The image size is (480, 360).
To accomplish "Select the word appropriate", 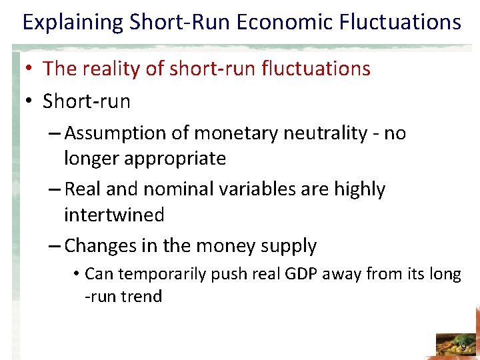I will (x=178, y=159).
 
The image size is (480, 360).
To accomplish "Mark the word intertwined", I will (x=113, y=215).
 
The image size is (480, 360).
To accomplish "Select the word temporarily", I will (x=166, y=274).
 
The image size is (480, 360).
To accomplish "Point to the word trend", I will (x=142, y=296).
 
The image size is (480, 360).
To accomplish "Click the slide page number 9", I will (x=463, y=347).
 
